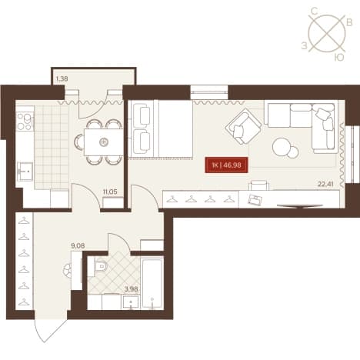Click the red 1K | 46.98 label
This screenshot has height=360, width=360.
click(226, 165)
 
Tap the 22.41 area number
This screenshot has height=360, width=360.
click(325, 184)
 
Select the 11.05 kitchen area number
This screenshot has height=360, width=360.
click(110, 192)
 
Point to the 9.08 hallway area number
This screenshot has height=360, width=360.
click(78, 246)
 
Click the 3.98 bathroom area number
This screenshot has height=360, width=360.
click(132, 289)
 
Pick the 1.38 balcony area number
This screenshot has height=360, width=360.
click(62, 79)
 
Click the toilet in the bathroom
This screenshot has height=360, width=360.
click(101, 267)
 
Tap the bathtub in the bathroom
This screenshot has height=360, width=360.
click(152, 283)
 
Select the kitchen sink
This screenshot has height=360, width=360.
click(25, 172)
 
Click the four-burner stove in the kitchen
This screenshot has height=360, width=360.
click(25, 122)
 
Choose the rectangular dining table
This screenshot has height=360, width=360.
click(103, 142)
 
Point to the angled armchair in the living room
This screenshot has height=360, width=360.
click(243, 126)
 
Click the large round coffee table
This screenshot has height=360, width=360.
click(282, 147)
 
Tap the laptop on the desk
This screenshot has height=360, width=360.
click(255, 200)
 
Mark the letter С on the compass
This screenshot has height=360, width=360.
click(315, 11)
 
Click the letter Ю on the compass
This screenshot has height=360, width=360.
click(339, 58)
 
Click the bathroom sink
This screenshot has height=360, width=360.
click(131, 302)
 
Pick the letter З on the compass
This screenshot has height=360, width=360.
click(304, 46)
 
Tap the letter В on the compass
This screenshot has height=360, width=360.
click(349, 23)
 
